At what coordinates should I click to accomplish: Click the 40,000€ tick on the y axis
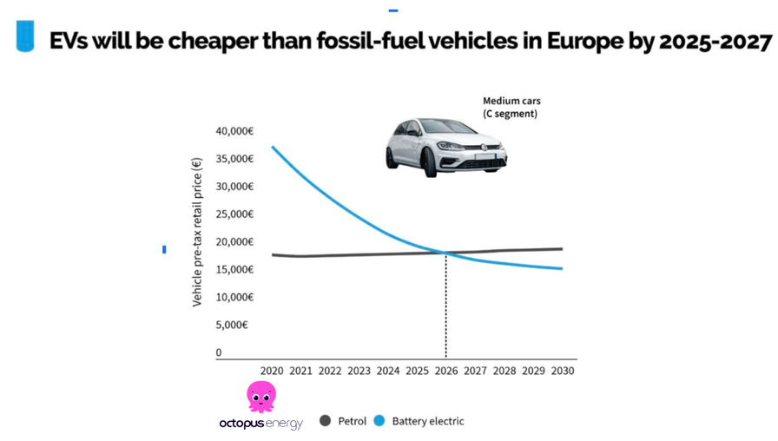click(234, 131)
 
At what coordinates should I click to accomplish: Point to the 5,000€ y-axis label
click(232, 325)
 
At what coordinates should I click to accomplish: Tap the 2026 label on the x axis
click(446, 371)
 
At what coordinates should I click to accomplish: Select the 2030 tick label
click(562, 371)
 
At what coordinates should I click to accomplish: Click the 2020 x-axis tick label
click(272, 371)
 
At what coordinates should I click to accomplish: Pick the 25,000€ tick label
click(234, 214)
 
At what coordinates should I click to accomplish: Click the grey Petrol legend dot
click(326, 421)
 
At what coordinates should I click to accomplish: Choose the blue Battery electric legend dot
click(379, 421)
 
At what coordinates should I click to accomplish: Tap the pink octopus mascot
click(260, 396)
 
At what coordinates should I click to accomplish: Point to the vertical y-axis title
click(197, 232)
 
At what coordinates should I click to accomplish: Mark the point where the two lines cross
click(446, 253)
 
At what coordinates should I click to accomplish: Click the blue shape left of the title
click(26, 37)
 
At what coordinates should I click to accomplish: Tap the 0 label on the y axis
click(219, 353)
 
